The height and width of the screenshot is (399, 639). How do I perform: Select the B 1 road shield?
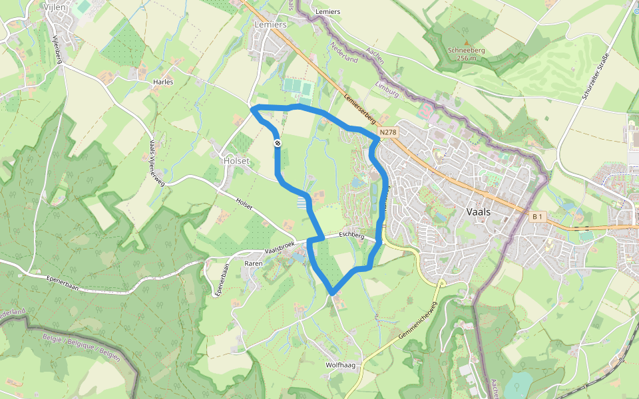tap(538, 217)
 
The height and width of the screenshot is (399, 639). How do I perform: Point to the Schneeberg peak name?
tap(466, 50)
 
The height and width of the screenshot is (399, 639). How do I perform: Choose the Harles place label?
tap(163, 82)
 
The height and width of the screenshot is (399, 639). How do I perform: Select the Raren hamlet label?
tap(254, 263)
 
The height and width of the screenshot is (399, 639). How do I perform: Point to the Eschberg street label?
tap(351, 235)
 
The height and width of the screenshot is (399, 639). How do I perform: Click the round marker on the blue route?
tap(277, 143)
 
